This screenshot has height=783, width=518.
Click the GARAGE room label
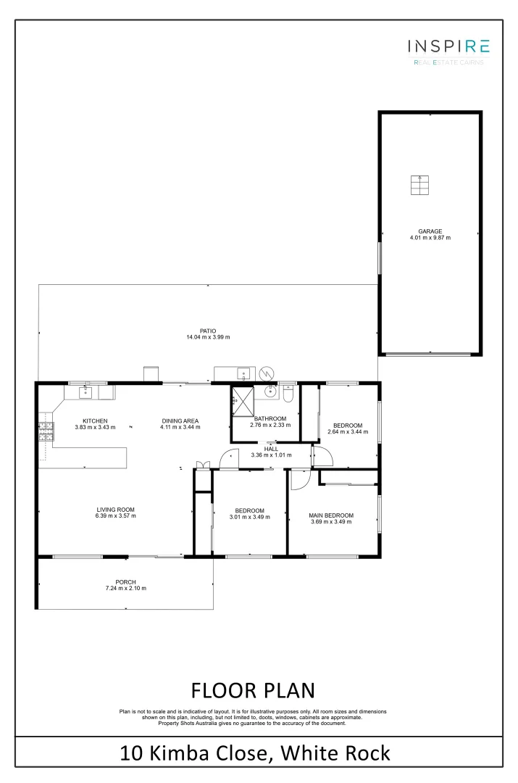click(430, 231)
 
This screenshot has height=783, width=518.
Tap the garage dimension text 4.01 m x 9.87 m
click(430, 238)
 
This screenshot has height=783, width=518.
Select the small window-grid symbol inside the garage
click(419, 185)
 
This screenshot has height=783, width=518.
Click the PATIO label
click(209, 331)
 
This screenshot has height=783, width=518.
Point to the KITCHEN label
click(95, 421)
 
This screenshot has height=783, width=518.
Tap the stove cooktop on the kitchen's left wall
click(46, 431)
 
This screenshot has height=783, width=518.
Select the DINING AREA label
click(180, 421)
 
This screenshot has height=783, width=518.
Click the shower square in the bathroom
click(241, 399)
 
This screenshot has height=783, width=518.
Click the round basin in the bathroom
click(270, 392)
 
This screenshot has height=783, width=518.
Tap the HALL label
click(271, 449)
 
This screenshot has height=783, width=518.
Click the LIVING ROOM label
click(115, 509)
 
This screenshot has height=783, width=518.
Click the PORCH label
click(125, 581)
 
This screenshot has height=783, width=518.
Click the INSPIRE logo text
click(448, 46)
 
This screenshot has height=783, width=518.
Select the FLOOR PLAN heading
click(253, 689)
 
